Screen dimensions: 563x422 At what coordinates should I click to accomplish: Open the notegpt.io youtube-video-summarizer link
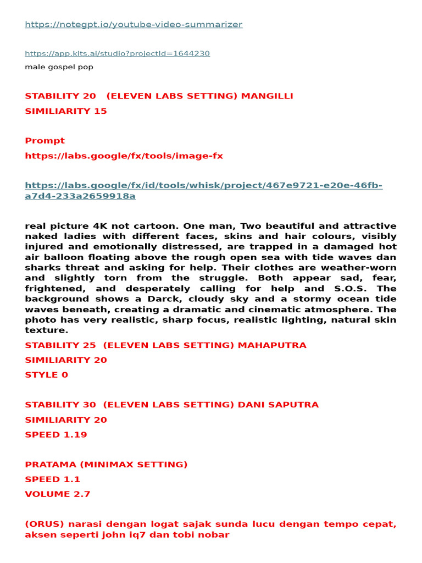134,25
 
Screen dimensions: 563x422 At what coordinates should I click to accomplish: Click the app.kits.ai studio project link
117,53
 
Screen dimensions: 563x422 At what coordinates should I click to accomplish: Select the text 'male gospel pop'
59,67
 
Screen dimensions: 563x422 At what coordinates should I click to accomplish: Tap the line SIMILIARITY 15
66,111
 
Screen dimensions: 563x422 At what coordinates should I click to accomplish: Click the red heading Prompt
45,141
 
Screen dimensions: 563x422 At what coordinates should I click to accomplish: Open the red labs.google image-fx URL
124,156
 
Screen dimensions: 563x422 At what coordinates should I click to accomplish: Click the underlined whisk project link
203,191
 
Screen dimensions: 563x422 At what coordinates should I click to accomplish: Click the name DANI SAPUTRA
278,405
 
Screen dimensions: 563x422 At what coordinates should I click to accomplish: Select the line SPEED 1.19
56,434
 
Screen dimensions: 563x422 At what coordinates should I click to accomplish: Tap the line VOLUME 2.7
58,494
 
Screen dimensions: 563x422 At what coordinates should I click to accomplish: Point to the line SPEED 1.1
53,479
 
